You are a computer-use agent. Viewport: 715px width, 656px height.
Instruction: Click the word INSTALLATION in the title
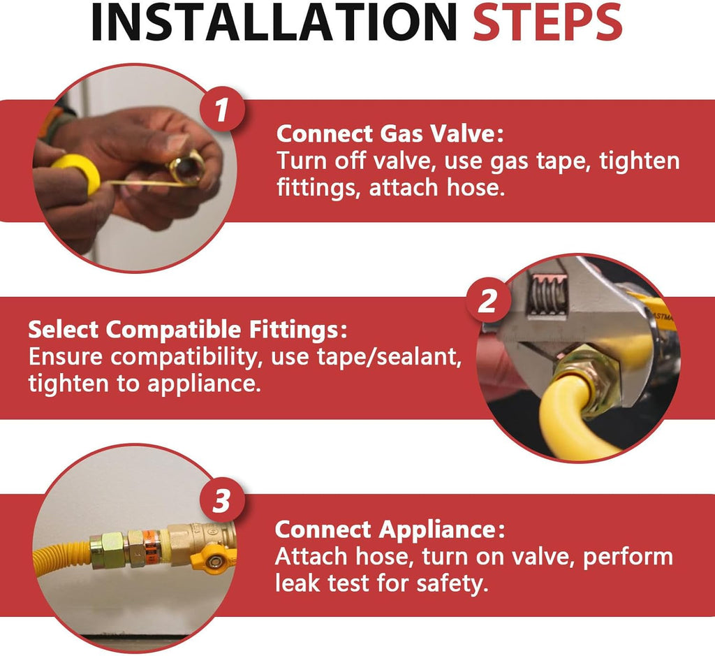click(274, 22)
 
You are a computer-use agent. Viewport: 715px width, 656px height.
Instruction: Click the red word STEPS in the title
click(547, 22)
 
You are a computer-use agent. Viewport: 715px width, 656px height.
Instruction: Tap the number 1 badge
click(222, 110)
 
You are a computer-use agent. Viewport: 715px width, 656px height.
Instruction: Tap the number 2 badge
click(488, 300)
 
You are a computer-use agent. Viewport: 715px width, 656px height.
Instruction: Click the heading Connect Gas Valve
click(390, 133)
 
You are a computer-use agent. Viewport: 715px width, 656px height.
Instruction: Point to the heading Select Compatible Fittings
click(187, 329)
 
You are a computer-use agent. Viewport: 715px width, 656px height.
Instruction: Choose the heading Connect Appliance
click(390, 529)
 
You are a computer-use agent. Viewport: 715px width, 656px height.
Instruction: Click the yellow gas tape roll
click(75, 173)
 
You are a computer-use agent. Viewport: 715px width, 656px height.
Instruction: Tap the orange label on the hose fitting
click(151, 548)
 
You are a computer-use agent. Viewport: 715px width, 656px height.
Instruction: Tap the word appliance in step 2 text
click(204, 384)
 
